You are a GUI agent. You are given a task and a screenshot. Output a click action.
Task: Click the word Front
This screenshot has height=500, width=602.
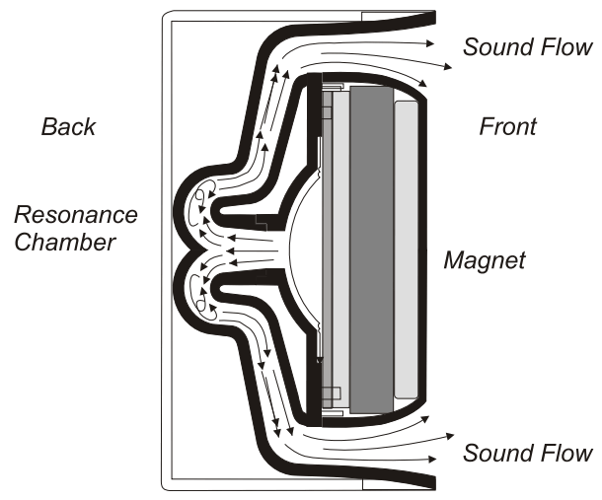507,126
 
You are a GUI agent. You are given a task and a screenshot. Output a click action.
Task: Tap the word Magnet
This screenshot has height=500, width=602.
485,261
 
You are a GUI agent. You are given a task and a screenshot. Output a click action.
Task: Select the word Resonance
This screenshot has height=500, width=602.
76,215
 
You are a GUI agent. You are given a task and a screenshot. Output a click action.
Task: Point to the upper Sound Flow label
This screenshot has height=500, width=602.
527,47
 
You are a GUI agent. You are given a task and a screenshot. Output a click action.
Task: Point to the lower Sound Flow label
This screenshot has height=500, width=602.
527,454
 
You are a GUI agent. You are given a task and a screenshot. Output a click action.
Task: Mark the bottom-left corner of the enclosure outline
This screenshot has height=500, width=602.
163,489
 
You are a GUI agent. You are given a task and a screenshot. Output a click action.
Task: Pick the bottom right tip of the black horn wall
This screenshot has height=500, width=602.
433,483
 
